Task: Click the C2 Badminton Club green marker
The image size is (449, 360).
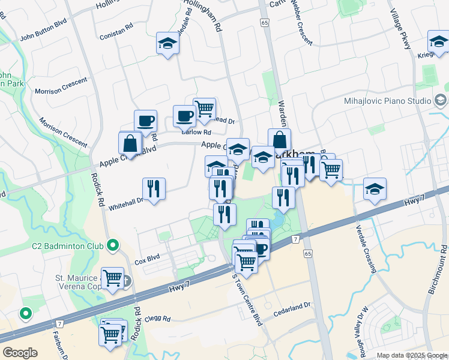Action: [x=112, y=245]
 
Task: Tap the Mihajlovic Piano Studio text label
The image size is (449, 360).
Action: [x=387, y=101]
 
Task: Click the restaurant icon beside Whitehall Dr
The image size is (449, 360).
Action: [x=154, y=189]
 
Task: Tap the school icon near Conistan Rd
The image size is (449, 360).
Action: [x=167, y=43]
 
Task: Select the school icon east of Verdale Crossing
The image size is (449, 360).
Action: [x=375, y=189]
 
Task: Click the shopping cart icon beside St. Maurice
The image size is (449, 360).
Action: [x=112, y=277]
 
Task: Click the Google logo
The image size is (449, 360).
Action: [x=20, y=353]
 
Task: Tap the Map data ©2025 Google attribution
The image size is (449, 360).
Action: [x=411, y=355]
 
